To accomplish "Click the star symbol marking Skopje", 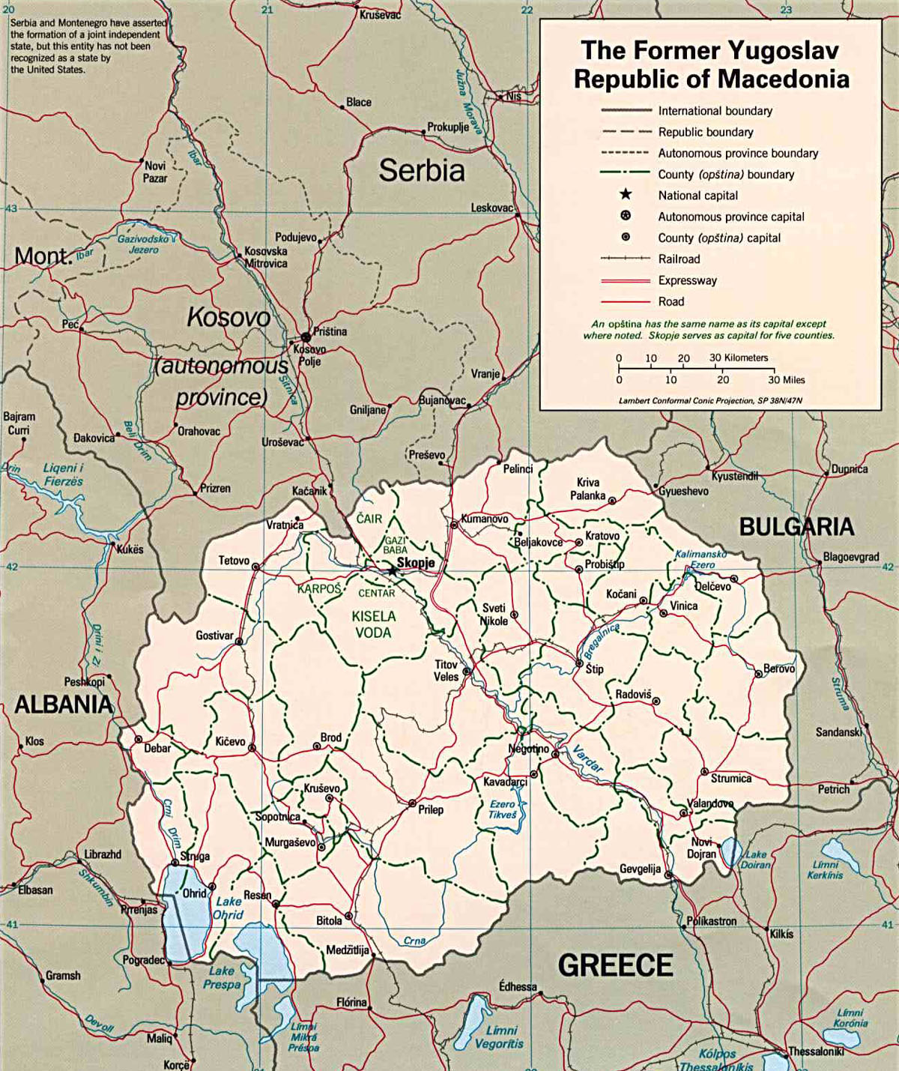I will coord(393,571).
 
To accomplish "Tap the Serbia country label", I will coord(422,171).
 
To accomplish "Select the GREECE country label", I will coord(615,965).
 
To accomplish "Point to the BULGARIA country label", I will coord(796,527).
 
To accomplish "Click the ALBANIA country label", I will coord(64,705).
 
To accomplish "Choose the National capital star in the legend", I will coord(625,195).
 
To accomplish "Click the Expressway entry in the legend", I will coord(687,280).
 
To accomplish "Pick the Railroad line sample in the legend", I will coord(625,259).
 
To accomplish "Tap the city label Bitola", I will coord(329,920).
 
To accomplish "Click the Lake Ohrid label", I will coord(228,908).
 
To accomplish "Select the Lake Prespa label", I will coord(222,977).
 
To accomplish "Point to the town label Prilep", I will coord(431,809).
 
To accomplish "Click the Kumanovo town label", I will coord(484,519).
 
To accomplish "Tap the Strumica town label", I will coord(730,778).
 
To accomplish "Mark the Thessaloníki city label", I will coord(817,1052).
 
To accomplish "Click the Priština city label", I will coord(330,331).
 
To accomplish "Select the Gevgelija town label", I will coord(640,869).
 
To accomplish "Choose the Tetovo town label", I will coord(234,561).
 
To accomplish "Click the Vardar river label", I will coord(588,758).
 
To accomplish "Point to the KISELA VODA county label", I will coord(374,624).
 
